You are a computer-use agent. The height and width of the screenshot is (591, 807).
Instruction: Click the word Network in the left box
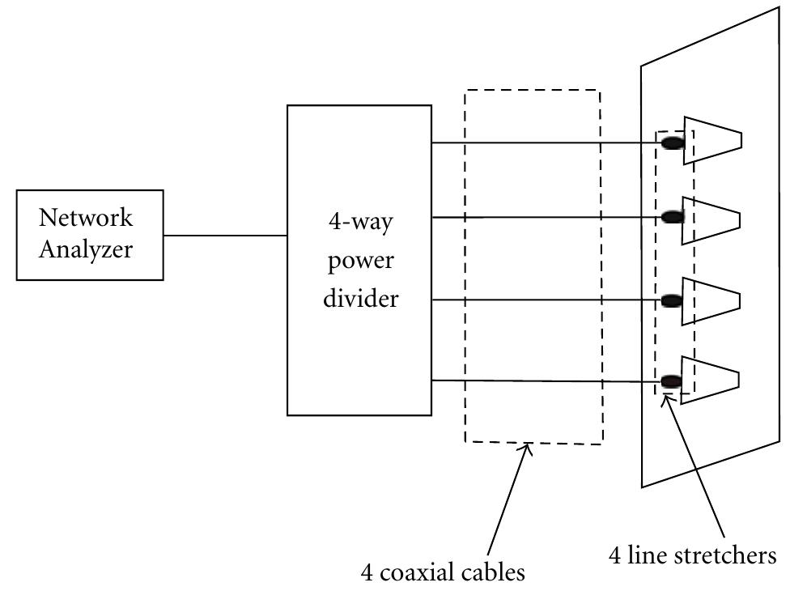86,219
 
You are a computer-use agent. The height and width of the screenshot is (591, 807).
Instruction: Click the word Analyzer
86,249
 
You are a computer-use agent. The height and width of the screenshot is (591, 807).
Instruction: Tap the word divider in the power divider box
361,299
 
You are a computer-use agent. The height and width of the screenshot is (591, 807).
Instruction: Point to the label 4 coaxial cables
443,572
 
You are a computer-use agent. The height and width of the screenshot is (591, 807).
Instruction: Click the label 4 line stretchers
692,555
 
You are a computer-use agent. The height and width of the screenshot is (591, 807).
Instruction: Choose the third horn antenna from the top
711,300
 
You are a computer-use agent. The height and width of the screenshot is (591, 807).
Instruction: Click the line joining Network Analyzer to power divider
225,236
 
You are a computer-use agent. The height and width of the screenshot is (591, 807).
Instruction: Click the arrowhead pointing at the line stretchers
667,398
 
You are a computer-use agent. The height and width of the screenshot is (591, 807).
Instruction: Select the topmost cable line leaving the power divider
542,143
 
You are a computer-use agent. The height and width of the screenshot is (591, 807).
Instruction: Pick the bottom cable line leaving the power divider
542,381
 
